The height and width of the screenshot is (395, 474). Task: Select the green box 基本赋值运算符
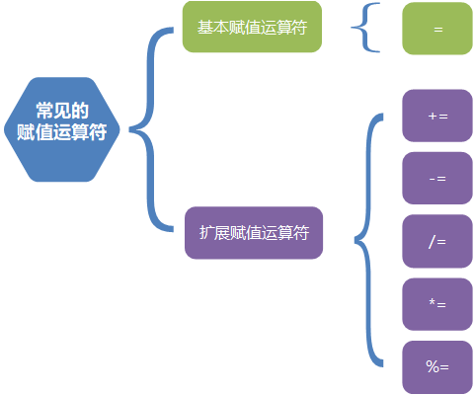tap(253, 28)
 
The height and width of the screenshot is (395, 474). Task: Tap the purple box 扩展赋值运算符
tap(254, 233)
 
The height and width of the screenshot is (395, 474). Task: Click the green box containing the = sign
tap(437, 29)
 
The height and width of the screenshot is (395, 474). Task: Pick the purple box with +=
tap(437, 116)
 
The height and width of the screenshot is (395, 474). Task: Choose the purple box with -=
tap(437, 179)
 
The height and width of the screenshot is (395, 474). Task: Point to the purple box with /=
tap(437, 241)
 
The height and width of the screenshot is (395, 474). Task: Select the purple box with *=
tap(437, 304)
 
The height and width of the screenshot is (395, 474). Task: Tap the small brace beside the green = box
tap(364, 28)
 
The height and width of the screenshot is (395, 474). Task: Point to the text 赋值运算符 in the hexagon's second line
tap(61, 132)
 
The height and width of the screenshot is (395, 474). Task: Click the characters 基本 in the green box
tap(210, 28)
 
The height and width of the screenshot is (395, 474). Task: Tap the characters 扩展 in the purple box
tap(211, 233)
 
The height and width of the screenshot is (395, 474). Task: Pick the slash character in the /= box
tap(433, 241)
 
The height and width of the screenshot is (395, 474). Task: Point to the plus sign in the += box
tap(433, 116)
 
